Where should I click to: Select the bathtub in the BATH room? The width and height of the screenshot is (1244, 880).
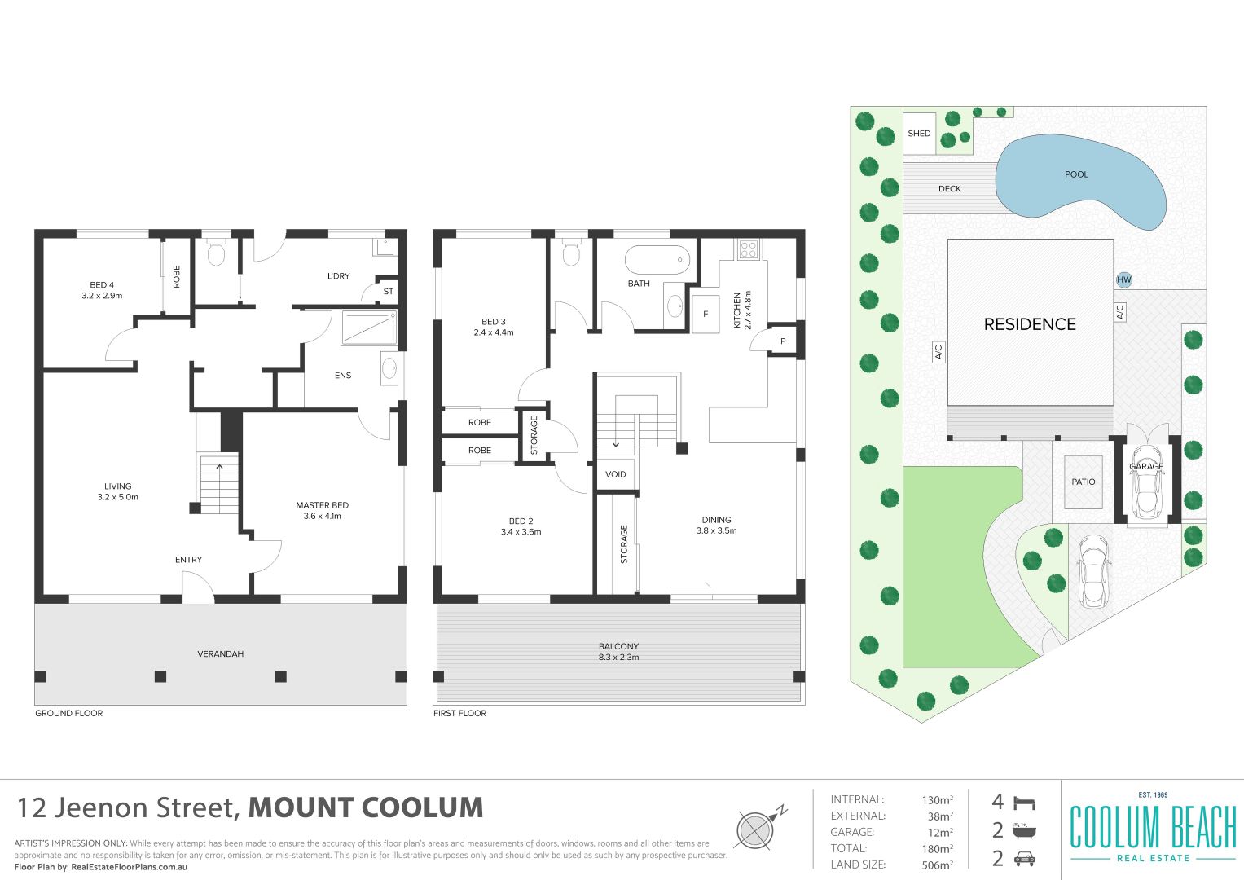click(x=657, y=260)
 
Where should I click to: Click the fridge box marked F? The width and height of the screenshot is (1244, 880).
click(x=706, y=314)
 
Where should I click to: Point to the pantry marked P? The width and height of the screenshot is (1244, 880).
click(x=783, y=341)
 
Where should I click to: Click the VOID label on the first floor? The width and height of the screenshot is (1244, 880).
click(x=615, y=474)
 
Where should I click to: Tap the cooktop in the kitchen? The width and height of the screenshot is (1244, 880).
click(x=748, y=249)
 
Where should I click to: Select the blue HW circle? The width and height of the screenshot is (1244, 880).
click(x=1124, y=279)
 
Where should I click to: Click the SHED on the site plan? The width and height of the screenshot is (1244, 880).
click(x=919, y=134)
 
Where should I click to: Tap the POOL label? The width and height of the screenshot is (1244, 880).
click(x=1076, y=174)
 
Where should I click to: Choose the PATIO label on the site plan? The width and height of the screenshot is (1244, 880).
click(x=1083, y=482)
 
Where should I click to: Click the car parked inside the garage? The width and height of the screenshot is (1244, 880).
click(x=1147, y=481)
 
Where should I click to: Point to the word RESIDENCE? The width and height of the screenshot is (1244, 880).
click(x=1030, y=324)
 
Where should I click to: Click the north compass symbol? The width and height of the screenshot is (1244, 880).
click(x=758, y=828)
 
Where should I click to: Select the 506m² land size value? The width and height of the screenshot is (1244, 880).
click(x=938, y=865)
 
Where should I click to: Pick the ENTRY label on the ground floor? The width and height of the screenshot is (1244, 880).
click(x=188, y=560)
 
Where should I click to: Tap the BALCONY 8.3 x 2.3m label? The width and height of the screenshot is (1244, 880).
click(x=618, y=652)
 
